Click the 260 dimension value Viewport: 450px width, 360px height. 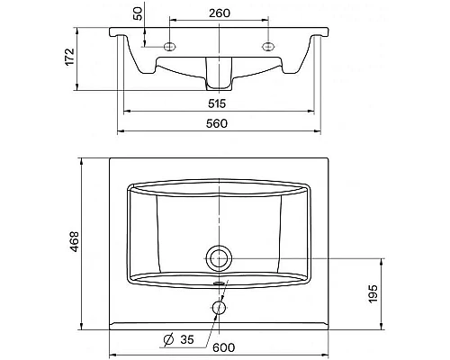tap(220, 13)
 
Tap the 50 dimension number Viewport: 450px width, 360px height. tap(138, 13)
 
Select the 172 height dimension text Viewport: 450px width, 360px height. tap(69, 57)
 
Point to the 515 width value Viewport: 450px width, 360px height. tap(217, 103)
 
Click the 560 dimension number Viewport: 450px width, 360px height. tap(217, 123)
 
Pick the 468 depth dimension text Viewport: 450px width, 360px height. tap(74, 241)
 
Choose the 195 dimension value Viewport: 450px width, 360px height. tap(373, 293)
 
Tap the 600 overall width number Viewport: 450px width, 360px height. tap(224, 347)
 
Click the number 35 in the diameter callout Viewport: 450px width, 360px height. tap(187, 339)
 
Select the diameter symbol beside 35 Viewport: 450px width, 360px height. tap(168, 339)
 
